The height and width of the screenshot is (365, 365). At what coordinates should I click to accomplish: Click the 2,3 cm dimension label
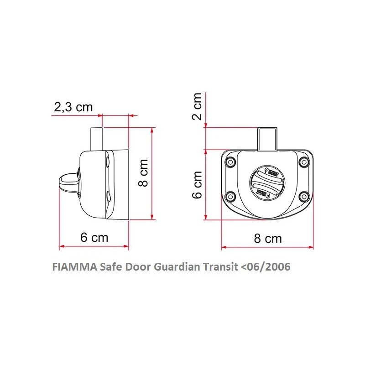click(x=73, y=107)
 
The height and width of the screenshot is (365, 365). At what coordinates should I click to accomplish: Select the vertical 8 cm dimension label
click(x=143, y=172)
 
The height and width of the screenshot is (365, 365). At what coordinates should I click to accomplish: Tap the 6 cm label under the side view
click(x=94, y=238)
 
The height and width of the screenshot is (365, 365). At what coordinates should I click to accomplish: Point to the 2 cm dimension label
click(x=197, y=106)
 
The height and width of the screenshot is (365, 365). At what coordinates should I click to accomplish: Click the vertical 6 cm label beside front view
click(x=197, y=185)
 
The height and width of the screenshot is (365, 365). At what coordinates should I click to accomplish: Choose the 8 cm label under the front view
click(x=267, y=238)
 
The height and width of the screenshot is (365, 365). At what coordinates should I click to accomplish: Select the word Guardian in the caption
click(x=175, y=267)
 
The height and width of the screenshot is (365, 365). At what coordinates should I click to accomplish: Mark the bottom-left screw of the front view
click(x=231, y=197)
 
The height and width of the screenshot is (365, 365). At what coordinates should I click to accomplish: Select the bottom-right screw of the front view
click(x=304, y=197)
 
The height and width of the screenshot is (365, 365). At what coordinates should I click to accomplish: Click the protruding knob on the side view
click(x=68, y=181)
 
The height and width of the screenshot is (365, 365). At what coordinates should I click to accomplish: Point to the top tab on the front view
click(x=267, y=139)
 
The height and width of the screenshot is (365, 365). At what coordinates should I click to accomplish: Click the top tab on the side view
click(x=97, y=139)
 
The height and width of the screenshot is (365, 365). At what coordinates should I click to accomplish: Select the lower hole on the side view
click(x=107, y=197)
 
